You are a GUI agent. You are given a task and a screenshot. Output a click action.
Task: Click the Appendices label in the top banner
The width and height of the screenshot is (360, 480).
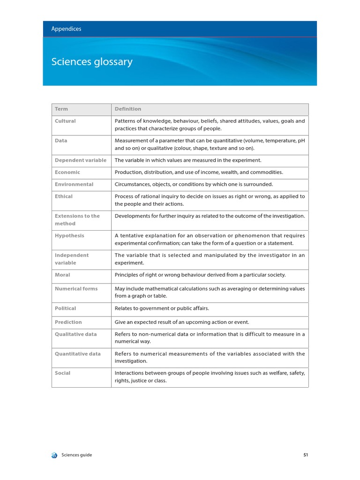click(66, 29)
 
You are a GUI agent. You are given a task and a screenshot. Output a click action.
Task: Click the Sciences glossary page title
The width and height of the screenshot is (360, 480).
click(92, 62)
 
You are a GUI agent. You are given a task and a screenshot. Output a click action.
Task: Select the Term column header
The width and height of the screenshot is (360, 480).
click(61, 109)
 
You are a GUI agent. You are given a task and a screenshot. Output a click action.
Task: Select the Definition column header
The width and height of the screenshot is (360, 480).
click(128, 109)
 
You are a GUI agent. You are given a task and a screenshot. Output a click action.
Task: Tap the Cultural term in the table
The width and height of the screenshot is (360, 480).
click(65, 121)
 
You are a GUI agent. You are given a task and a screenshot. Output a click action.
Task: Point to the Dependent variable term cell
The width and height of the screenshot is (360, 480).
click(81, 160)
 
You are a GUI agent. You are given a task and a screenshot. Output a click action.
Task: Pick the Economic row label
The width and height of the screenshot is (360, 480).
click(67, 172)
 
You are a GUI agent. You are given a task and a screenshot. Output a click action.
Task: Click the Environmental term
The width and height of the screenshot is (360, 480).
click(74, 185)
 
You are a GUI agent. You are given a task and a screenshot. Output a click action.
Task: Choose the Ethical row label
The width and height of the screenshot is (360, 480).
click(64, 197)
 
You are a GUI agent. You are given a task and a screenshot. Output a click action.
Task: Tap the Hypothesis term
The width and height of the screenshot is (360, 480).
click(69, 236)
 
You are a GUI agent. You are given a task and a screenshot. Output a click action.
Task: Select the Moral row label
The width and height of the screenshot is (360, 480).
click(62, 275)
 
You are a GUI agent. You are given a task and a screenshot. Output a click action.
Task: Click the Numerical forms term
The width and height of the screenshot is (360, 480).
click(76, 289)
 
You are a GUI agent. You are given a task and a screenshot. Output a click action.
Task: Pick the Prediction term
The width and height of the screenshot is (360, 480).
click(68, 322)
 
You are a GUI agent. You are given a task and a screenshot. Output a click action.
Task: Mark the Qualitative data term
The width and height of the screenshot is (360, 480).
click(76, 334)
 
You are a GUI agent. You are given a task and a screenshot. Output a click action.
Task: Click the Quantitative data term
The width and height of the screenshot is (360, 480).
click(78, 354)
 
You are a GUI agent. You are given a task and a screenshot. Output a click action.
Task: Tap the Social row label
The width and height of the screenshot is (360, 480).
click(63, 373)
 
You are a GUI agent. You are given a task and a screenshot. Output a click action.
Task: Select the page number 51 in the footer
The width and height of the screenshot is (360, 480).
click(306, 455)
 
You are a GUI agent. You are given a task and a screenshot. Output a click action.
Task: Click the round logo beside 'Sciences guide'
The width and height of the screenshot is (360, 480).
click(54, 455)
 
